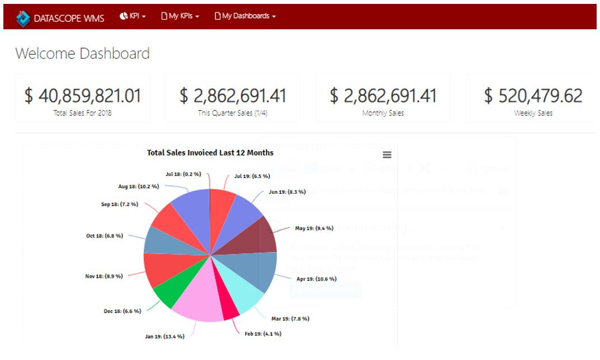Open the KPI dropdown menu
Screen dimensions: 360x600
click(133, 16)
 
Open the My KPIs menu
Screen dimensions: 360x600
click(180, 16)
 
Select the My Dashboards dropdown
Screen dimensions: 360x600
click(245, 16)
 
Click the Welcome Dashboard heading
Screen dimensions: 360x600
click(82, 54)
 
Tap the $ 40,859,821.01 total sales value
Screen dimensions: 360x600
click(82, 96)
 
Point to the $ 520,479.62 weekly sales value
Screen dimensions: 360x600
click(533, 96)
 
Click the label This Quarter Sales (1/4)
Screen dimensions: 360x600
click(233, 113)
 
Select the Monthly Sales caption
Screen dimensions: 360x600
click(383, 113)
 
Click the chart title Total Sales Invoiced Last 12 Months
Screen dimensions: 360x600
click(210, 152)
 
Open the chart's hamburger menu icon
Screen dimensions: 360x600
click(387, 155)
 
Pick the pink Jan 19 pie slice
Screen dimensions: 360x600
click(199, 300)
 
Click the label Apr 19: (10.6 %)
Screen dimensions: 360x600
click(317, 278)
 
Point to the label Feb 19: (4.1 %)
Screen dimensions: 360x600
click(263, 334)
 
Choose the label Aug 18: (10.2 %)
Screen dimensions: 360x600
click(138, 186)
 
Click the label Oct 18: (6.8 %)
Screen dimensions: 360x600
click(105, 236)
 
